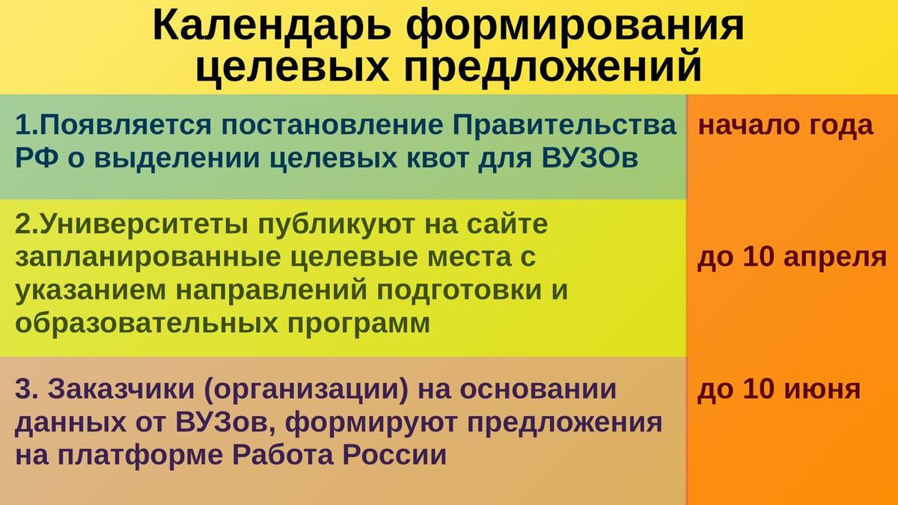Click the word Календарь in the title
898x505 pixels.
tap(272, 26)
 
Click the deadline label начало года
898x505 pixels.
tap(786, 125)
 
